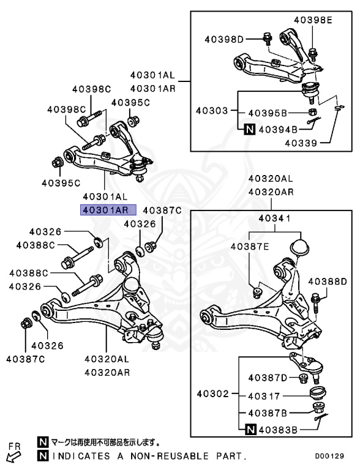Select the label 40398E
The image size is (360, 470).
click(312, 20)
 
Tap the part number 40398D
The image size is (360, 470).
click(223, 40)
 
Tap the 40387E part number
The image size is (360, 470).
click(250, 246)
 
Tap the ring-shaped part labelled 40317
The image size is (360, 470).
click(318, 392)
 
